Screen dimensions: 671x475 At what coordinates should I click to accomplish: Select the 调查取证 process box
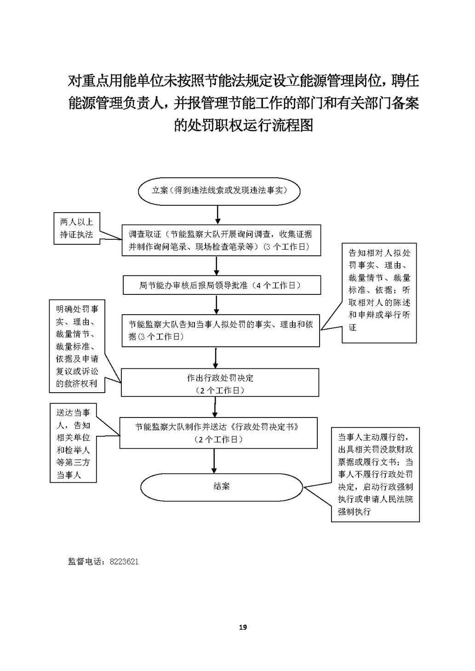click(x=221, y=240)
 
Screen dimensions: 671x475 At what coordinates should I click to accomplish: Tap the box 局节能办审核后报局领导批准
click(x=221, y=285)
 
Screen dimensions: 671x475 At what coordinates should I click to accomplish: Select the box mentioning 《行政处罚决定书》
click(x=218, y=433)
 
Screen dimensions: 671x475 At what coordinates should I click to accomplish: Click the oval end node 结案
click(x=222, y=487)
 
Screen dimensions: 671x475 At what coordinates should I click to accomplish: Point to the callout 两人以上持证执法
click(x=76, y=228)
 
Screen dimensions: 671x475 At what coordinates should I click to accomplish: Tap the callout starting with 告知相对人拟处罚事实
click(x=379, y=292)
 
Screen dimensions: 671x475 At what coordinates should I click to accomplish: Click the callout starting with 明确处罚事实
click(x=77, y=346)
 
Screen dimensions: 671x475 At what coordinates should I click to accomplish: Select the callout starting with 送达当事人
click(x=74, y=444)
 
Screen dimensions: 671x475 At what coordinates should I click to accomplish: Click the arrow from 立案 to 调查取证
click(x=218, y=214)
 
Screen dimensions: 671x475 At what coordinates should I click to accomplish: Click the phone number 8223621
click(x=124, y=562)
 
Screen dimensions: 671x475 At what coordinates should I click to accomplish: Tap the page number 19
click(x=243, y=627)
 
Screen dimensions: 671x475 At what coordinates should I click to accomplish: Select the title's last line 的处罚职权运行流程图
click(x=243, y=125)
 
